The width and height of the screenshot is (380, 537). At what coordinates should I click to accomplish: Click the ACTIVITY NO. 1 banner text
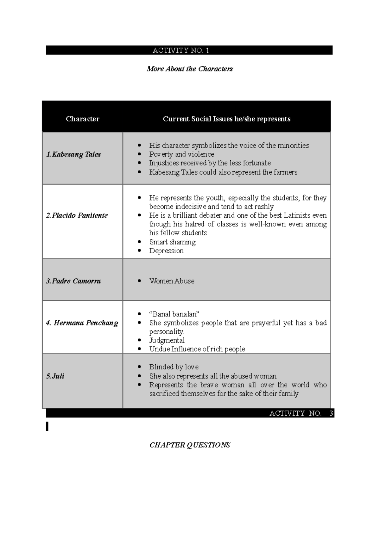tap(181, 51)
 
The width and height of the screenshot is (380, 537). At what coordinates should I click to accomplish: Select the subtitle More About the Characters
tap(190, 69)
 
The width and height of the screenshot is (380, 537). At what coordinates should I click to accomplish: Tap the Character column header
tap(82, 119)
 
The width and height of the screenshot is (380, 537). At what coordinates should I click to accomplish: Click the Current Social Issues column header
tap(226, 119)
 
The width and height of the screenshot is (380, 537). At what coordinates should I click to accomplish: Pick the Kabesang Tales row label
tap(73, 154)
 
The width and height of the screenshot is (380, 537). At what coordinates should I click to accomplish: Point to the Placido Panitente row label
tap(77, 215)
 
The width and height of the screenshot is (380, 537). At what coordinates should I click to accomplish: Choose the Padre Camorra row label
tap(73, 281)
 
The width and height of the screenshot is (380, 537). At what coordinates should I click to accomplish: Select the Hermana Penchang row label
tap(82, 323)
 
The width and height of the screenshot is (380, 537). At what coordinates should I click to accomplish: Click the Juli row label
tap(55, 376)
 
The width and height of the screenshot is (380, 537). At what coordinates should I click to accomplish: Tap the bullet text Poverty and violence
tap(181, 154)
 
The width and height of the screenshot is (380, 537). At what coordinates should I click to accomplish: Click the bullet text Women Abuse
tap(172, 281)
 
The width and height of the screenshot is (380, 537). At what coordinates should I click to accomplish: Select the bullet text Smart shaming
tap(172, 242)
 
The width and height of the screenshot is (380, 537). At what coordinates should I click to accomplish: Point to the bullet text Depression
tap(166, 251)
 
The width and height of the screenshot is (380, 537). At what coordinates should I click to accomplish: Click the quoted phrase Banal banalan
tap(174, 314)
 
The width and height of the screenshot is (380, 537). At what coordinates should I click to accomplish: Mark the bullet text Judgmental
tap(167, 340)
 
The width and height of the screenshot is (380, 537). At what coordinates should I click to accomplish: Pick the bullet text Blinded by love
tap(174, 367)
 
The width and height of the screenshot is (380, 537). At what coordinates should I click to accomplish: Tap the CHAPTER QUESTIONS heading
tap(190, 445)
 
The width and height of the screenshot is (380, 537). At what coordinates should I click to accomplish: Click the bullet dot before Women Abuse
tap(139, 281)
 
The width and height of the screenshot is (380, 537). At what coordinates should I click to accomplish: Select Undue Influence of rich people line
tap(197, 349)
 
